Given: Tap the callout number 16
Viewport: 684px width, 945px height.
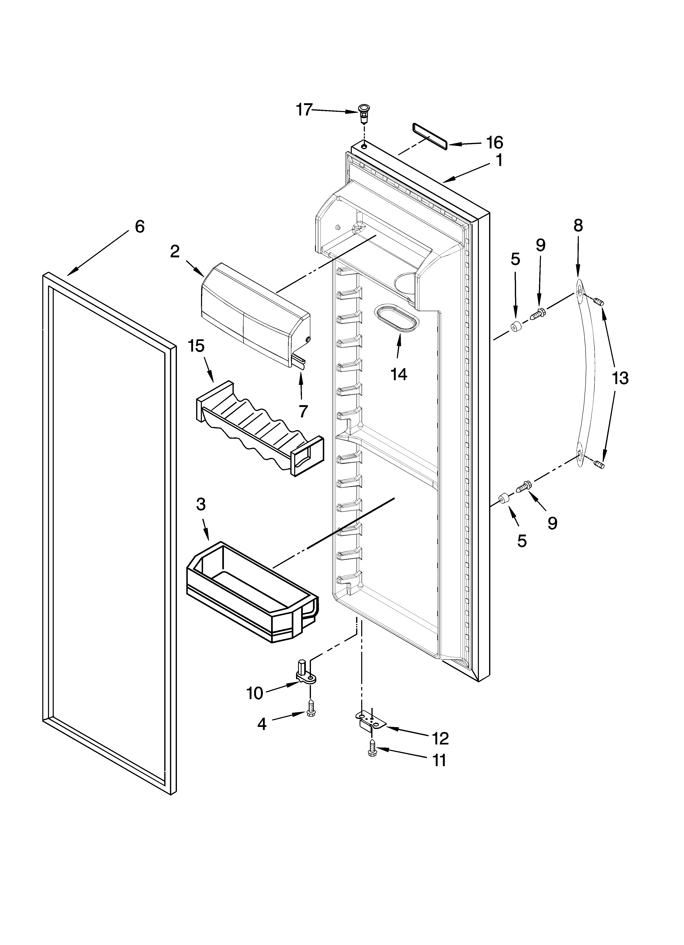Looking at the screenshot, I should coord(495,143).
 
